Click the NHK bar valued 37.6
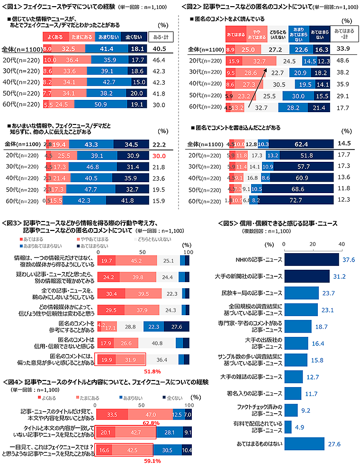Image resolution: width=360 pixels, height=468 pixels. click(311, 259)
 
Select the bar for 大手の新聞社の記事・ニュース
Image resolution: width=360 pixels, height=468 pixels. click(306, 276)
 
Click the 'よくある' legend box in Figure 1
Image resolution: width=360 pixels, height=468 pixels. click(55, 36)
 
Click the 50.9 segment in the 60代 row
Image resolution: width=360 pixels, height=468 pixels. click(100, 105)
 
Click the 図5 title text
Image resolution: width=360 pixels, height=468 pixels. click(277, 223)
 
